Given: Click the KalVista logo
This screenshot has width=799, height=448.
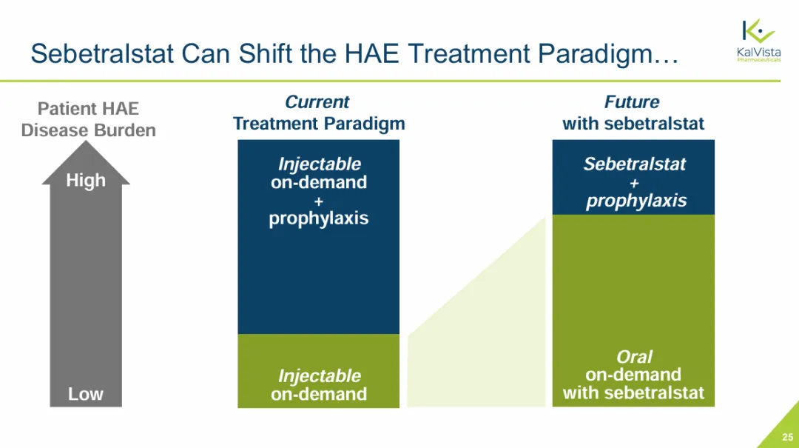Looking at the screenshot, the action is (x=759, y=41).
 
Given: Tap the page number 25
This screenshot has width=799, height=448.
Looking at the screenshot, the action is (x=787, y=438).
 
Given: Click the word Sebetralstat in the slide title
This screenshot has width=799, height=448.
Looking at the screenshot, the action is (x=102, y=53).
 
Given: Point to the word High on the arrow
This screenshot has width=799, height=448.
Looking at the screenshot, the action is (x=86, y=181).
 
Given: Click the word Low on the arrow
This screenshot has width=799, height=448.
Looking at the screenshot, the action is (x=86, y=394).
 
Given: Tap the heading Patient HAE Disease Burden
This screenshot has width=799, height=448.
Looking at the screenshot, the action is (x=88, y=119).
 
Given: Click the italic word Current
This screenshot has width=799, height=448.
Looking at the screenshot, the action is (x=317, y=102).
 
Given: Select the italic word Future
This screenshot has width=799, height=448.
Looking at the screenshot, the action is (x=632, y=102).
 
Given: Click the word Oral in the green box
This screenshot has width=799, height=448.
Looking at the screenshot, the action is (x=634, y=357).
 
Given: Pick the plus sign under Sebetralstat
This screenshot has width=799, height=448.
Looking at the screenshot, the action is (x=634, y=183).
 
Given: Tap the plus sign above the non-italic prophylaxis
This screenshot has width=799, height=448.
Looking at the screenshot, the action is (x=318, y=201).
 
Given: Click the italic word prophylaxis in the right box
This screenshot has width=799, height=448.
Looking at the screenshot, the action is (x=636, y=201).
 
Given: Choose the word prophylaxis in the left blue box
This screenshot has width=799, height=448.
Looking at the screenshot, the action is (x=318, y=219).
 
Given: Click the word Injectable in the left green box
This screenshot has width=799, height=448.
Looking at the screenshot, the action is (x=319, y=376).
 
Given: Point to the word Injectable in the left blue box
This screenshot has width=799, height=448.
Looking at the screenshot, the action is (x=319, y=164).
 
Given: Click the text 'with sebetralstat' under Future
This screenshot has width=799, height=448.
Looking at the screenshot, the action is (x=633, y=124).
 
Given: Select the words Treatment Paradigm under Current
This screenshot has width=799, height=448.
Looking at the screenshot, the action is (x=319, y=124).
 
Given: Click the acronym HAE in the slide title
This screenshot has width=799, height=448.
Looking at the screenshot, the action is (x=371, y=53).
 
